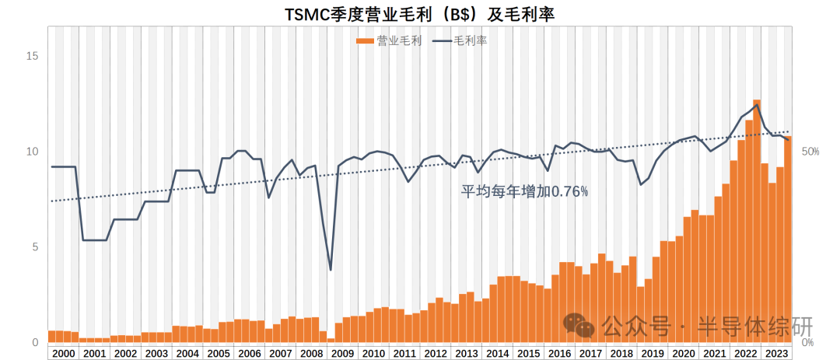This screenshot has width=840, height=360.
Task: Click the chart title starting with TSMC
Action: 420,13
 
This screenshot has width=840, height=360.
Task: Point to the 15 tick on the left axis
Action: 32,56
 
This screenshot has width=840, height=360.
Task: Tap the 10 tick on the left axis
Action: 32,152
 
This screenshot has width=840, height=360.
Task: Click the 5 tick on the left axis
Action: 34,247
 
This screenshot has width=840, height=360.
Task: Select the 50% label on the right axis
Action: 810,152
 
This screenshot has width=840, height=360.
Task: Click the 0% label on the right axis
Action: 807,342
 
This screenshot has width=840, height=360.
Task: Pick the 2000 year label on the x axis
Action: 63,353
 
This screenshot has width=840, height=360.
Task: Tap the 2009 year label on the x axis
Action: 343,353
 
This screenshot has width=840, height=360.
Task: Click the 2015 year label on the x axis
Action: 529,353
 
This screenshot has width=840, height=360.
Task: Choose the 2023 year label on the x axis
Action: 776,353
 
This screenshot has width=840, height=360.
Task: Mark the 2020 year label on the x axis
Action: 684,353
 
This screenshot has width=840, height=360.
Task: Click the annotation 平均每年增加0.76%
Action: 525,190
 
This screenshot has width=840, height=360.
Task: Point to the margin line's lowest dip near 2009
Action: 331,269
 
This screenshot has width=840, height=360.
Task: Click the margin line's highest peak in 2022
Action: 756,105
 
